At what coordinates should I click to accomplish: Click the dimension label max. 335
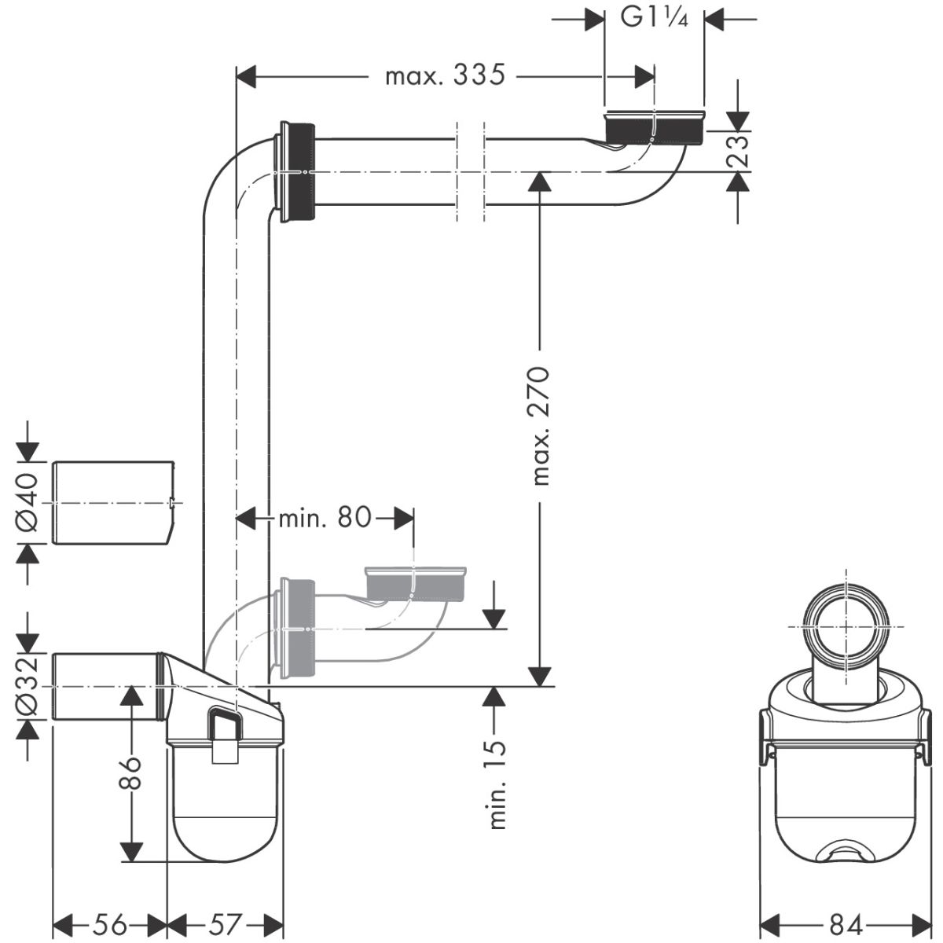(x=442, y=76)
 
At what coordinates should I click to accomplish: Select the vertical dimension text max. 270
(x=540, y=425)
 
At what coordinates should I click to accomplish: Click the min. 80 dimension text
(x=325, y=517)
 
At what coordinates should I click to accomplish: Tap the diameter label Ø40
(x=25, y=502)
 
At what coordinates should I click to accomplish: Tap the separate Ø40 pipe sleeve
(x=112, y=502)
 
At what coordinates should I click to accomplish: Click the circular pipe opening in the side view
(x=846, y=626)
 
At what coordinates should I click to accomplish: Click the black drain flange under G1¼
(x=653, y=128)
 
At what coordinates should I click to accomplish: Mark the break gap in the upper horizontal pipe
(x=470, y=171)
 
